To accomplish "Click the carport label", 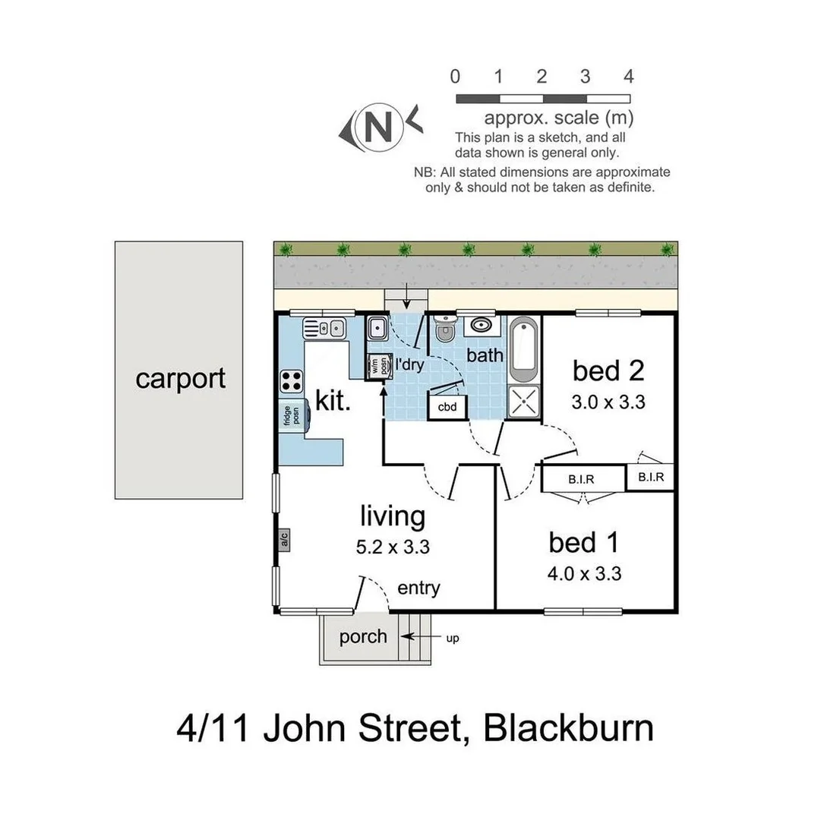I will pyautogui.click(x=180, y=378).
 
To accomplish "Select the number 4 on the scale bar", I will pyautogui.click(x=627, y=77).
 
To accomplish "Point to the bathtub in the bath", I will pyautogui.click(x=524, y=351).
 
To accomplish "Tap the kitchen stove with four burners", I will pyautogui.click(x=292, y=379).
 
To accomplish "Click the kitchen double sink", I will pyautogui.click(x=324, y=327).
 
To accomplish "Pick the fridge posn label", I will pyautogui.click(x=292, y=415).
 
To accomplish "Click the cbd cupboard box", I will pyautogui.click(x=447, y=407).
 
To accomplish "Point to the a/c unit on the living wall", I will pyautogui.click(x=284, y=541).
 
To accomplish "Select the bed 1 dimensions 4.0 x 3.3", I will pyautogui.click(x=585, y=575).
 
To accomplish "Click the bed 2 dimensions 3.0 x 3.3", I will pyautogui.click(x=608, y=402).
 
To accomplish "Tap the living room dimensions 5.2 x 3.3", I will pyautogui.click(x=392, y=547).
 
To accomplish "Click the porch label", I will pyautogui.click(x=363, y=636).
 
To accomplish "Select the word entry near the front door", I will pyautogui.click(x=418, y=588).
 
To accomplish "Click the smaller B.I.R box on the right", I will pyautogui.click(x=651, y=478).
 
